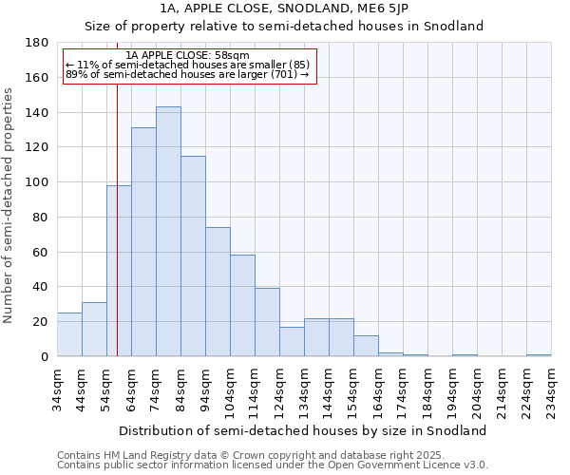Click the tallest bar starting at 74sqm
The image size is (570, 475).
(x=168, y=232)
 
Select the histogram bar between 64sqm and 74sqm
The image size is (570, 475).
(x=143, y=242)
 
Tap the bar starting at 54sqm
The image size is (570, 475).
(x=119, y=271)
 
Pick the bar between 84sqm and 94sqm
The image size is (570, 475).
(x=193, y=256)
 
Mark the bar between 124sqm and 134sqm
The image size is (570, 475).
(x=292, y=342)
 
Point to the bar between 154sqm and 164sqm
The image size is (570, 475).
(x=366, y=346)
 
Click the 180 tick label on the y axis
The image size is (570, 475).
(x=37, y=43)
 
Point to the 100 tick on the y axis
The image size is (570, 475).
(x=37, y=182)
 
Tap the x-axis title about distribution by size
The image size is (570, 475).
(x=304, y=431)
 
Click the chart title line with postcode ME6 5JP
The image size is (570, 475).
(x=285, y=9)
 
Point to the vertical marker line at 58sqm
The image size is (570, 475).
(x=117, y=237)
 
